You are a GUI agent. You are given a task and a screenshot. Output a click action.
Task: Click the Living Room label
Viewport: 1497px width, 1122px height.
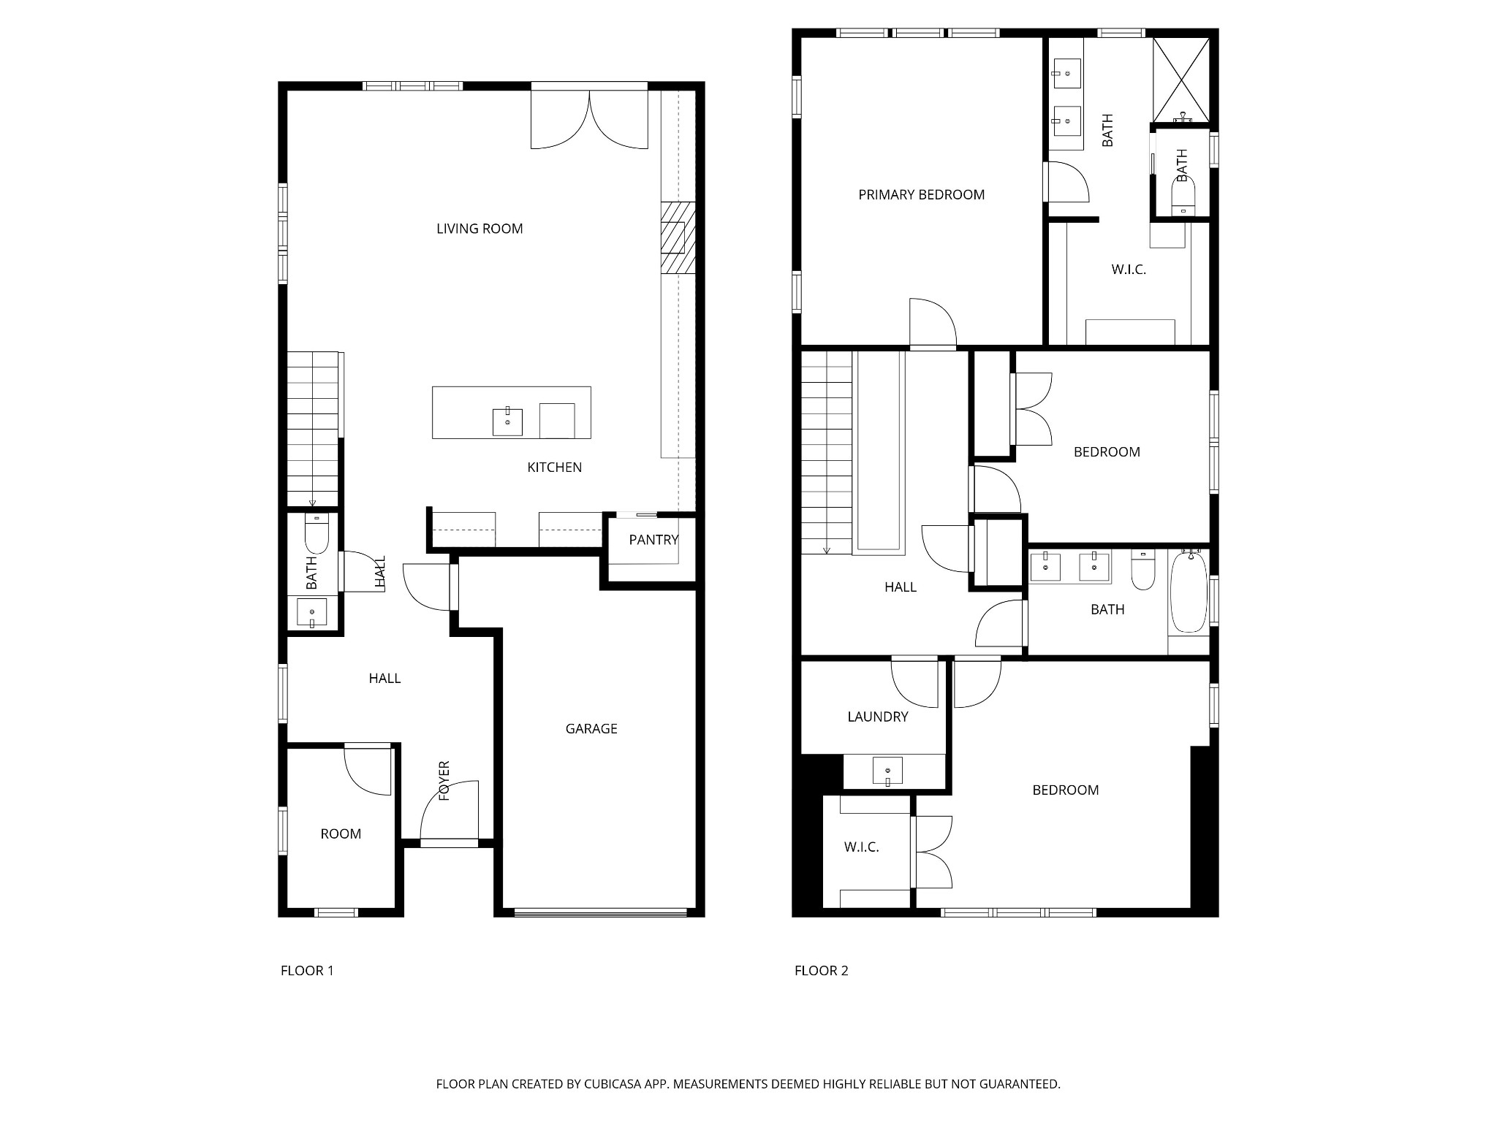point(480,229)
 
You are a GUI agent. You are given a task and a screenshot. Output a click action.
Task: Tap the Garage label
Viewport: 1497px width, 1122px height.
point(591,728)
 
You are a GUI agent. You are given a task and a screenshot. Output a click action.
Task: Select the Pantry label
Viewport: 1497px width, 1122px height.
point(653,540)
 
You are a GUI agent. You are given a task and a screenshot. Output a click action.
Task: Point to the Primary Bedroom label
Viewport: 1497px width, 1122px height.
point(921,194)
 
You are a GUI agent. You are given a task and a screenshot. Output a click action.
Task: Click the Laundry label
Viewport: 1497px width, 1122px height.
point(878,717)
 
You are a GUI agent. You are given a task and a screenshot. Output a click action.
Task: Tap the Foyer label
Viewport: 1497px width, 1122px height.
point(444,781)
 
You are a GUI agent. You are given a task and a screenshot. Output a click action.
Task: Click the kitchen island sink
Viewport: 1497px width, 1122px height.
point(507,421)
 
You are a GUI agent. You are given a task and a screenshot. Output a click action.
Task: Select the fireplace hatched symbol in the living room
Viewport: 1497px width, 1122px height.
point(678,238)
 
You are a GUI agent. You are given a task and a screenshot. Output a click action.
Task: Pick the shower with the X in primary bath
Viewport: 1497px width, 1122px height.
point(1181,80)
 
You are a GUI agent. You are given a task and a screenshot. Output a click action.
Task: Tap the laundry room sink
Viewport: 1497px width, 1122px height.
point(887,771)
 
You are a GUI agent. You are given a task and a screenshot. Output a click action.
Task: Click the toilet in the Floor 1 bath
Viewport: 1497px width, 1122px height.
point(317,534)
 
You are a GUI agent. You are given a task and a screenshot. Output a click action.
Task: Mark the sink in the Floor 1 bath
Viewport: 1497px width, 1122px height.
point(312,612)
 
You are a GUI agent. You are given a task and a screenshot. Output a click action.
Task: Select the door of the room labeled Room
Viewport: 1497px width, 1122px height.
point(369,770)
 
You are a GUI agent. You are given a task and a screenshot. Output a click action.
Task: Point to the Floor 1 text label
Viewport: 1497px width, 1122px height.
point(307,971)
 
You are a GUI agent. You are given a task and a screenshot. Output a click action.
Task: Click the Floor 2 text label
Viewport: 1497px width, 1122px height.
point(822,971)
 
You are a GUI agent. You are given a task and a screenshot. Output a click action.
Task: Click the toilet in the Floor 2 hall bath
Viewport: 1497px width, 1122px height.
point(1142,570)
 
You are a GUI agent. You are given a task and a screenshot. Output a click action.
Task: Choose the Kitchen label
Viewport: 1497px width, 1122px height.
point(555,467)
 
